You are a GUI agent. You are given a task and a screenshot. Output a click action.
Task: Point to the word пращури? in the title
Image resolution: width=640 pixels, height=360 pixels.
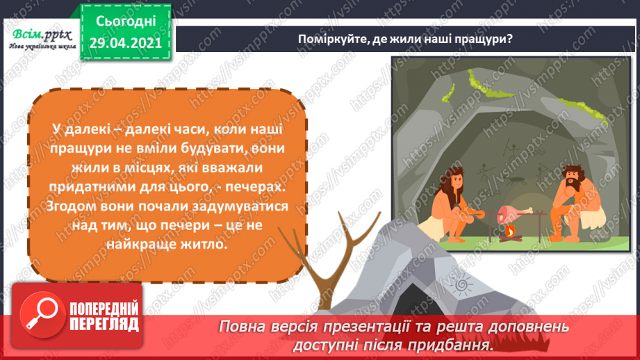pyautogui.click(x=489, y=38)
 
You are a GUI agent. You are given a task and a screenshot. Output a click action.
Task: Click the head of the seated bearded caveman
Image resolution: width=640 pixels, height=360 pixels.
pyautogui.click(x=573, y=179)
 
